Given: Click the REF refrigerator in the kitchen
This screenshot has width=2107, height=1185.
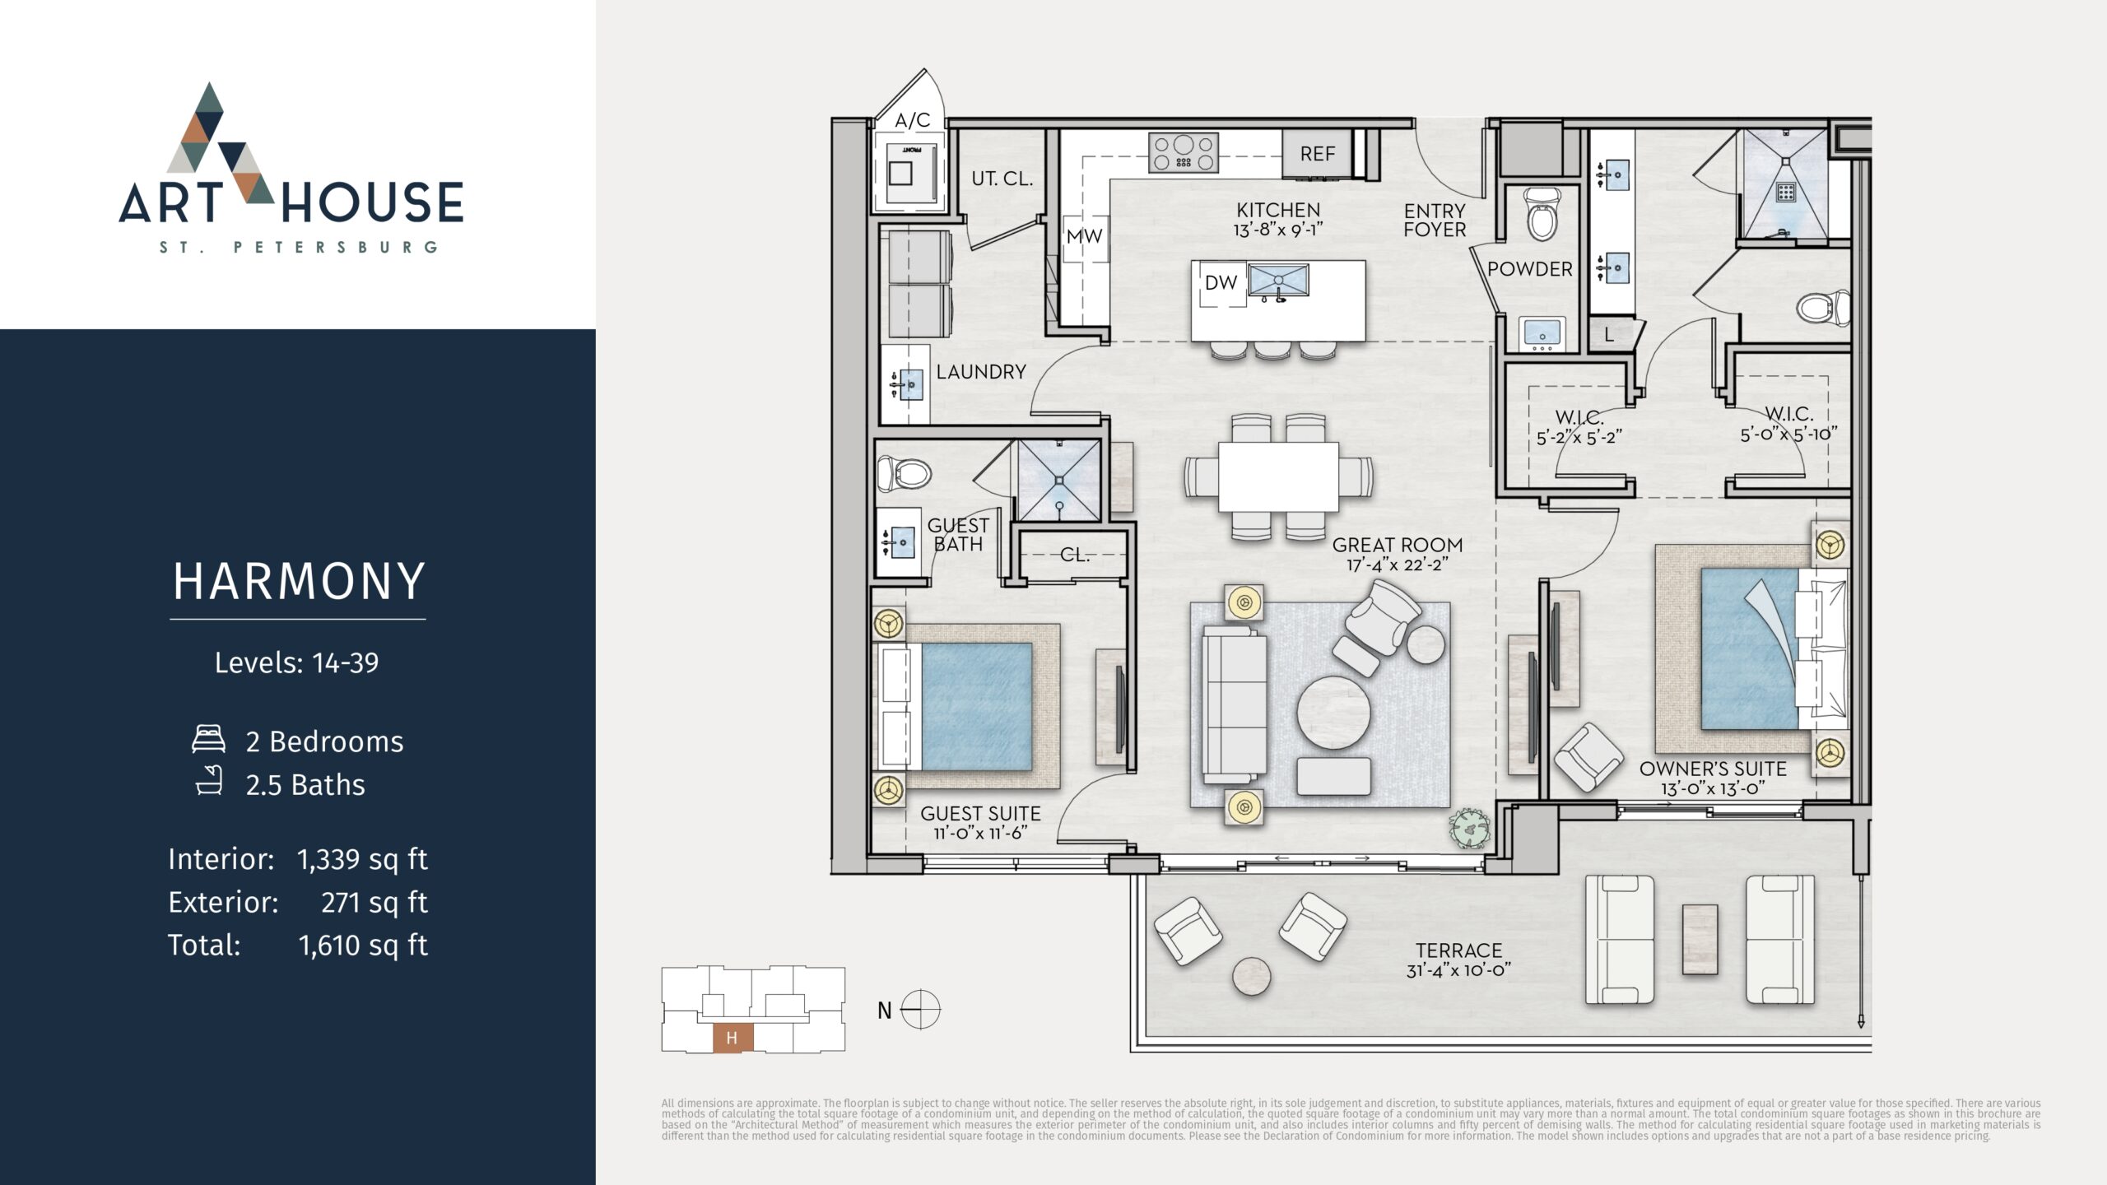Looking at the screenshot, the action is (1317, 153).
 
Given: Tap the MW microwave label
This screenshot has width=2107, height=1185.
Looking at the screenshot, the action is (1084, 236).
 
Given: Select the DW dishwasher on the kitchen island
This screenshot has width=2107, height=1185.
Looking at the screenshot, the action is (1221, 283).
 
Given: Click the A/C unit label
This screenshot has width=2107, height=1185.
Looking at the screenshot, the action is (912, 120).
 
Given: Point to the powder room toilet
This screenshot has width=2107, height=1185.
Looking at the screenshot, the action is (1541, 213).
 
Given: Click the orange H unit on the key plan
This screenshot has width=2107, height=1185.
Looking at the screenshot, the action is (732, 1038).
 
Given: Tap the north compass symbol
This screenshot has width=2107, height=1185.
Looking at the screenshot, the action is (920, 1010).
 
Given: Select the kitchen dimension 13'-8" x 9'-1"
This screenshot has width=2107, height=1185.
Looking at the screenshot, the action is (1278, 230).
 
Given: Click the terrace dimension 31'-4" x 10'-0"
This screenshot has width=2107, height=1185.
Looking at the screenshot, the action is (1458, 970).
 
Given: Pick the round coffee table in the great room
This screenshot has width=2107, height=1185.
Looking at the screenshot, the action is (1334, 712).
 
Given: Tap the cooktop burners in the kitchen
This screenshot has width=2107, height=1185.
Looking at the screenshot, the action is (1184, 152).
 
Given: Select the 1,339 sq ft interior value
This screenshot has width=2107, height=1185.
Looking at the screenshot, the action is (362, 859).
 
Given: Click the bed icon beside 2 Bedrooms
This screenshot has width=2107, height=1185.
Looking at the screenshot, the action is (208, 739).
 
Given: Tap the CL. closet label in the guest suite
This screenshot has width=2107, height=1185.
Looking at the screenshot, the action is (1074, 555).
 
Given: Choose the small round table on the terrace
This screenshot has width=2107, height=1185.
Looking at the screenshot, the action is (1252, 978).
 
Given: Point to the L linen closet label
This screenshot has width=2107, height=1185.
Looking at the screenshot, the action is (1608, 335).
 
